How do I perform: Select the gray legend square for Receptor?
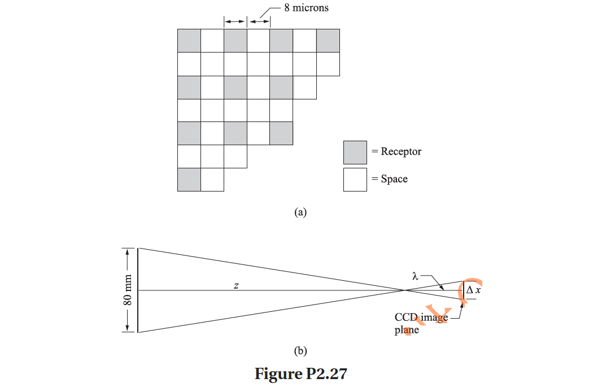tap(355, 153)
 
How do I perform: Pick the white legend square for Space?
tap(355, 180)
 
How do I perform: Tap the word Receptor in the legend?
tap(401, 151)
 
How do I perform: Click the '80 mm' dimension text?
tap(128, 290)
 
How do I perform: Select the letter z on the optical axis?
tap(236, 286)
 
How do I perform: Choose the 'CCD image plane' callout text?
tap(420, 324)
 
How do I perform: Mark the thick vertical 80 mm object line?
tap(138, 290)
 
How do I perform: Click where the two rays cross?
tap(405, 290)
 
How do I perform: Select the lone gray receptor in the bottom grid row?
tap(189, 180)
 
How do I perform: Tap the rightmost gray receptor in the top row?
tap(328, 41)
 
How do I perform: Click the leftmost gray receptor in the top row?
tap(189, 41)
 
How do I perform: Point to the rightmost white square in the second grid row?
tap(328, 64)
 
